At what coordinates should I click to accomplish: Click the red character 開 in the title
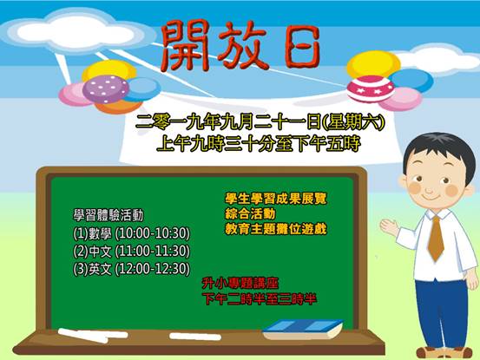coord(185,46)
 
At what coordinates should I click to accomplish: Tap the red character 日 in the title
coord(302,47)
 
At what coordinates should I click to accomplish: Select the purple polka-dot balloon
coord(106,89)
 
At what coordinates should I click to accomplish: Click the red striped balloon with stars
coord(371,88)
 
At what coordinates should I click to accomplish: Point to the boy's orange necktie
coord(436,238)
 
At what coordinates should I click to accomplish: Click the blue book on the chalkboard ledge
coord(303,329)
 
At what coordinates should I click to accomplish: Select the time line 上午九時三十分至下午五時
coord(259,144)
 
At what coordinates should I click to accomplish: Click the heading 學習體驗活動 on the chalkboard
coord(108,215)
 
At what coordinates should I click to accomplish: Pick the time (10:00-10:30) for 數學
coord(153,233)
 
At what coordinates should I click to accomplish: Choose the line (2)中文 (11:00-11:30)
coord(132,251)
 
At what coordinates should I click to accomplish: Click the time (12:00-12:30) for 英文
coord(153,269)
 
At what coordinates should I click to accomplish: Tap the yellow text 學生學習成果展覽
coord(276,199)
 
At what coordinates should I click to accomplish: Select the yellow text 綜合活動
coord(250,213)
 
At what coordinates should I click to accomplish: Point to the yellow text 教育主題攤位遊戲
coord(276,228)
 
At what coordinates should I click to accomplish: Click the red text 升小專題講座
coord(240,283)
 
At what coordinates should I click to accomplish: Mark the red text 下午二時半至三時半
coord(260,298)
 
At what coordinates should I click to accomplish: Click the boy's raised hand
coord(389,227)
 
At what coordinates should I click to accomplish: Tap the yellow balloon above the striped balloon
coord(373,64)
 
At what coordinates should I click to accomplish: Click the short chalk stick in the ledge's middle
coord(195,337)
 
